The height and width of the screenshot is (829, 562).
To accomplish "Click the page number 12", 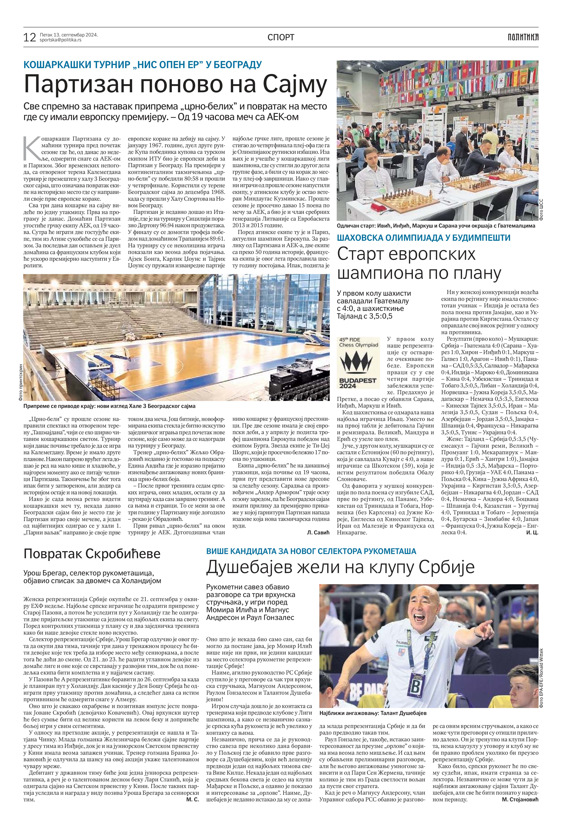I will pyautogui.click(x=30, y=37).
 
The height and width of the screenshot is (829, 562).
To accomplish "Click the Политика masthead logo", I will pyautogui.click(x=523, y=37).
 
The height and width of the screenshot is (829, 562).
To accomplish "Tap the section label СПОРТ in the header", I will pyautogui.click(x=281, y=37).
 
